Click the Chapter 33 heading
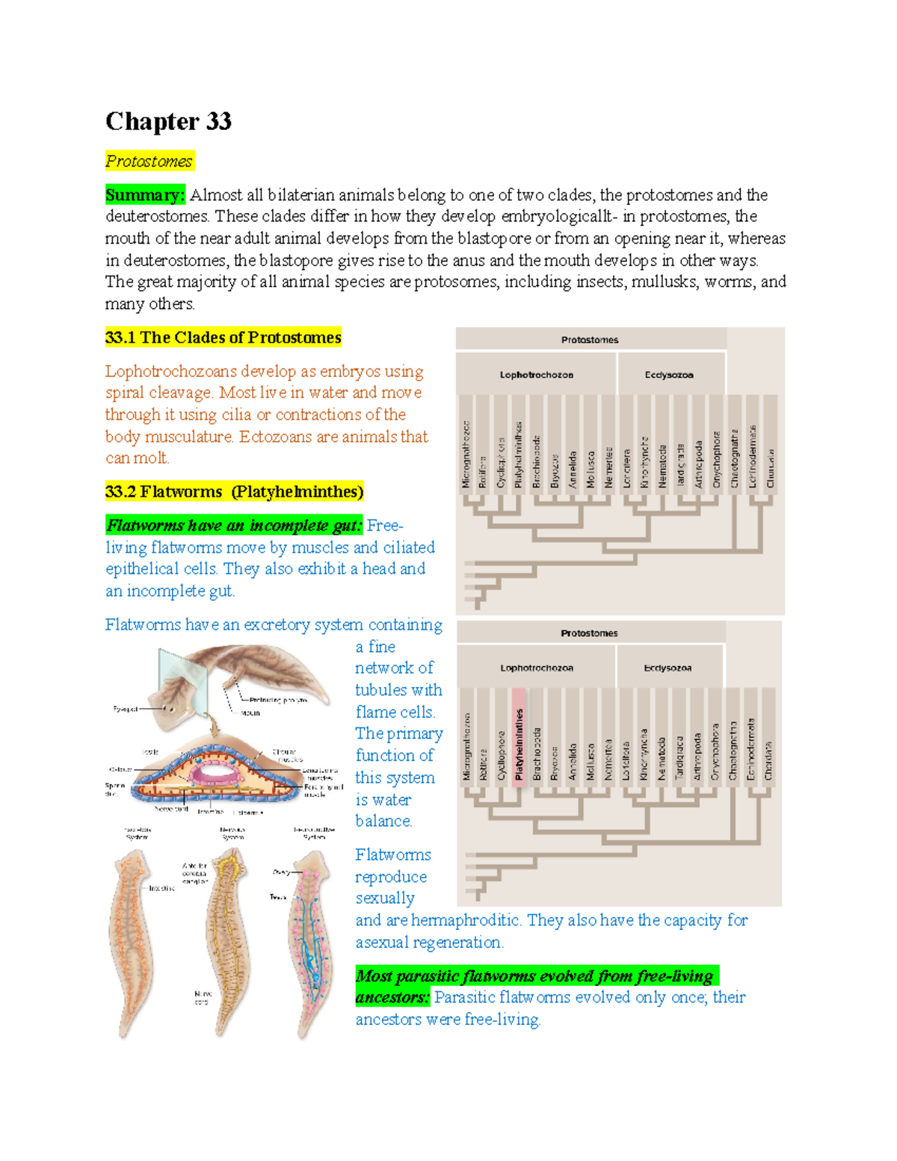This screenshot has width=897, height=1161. (x=168, y=121)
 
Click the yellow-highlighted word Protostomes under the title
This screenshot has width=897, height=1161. (x=149, y=161)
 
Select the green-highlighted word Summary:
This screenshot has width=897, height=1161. (x=144, y=195)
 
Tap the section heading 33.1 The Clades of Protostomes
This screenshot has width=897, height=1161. (x=223, y=337)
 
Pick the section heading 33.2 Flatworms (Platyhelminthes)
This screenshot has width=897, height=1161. (x=234, y=491)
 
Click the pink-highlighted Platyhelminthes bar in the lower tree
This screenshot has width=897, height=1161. (x=519, y=745)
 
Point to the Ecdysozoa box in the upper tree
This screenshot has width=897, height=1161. (x=669, y=375)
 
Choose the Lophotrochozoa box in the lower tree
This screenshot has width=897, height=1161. (x=536, y=668)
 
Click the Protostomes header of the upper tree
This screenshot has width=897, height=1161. (x=590, y=339)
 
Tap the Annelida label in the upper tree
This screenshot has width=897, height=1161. (x=573, y=469)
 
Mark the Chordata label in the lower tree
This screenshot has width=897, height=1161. (x=768, y=760)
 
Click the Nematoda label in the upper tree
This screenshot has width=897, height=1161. (x=662, y=466)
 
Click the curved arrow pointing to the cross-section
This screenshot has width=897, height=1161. (x=214, y=723)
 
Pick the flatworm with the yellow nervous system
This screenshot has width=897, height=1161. (x=224, y=934)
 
